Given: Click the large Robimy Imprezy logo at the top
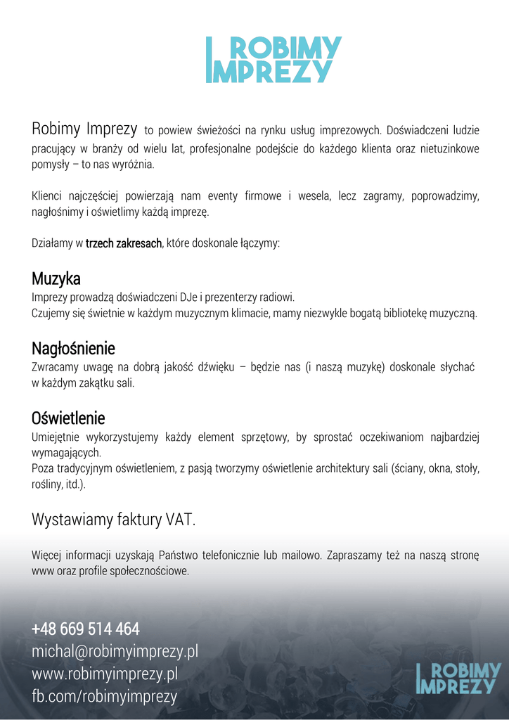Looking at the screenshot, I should click(273, 60).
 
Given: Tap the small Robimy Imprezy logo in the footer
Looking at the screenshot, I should click(458, 678).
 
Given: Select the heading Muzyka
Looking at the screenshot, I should click(56, 279).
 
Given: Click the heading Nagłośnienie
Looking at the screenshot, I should click(73, 348).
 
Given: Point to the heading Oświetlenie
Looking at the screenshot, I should click(68, 418).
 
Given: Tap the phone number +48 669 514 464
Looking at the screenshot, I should click(86, 629).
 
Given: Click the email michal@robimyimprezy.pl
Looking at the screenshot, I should click(115, 651).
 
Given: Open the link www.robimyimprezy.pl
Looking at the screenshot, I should click(104, 674).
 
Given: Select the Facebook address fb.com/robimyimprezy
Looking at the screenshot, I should click(104, 696).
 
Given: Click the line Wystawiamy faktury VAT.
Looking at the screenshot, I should click(114, 520).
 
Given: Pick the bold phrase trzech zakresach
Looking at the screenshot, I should click(124, 243).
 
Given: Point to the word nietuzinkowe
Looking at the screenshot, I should click(447, 149).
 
